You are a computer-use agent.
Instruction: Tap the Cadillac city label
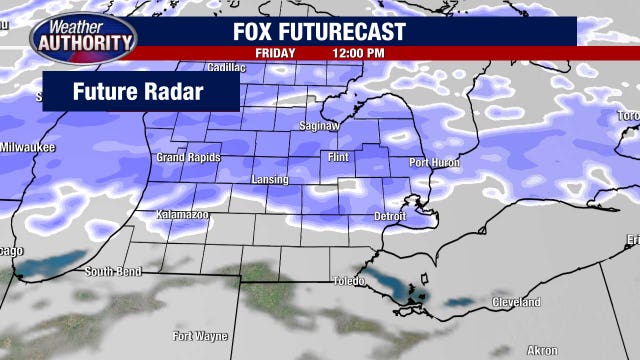[226, 67]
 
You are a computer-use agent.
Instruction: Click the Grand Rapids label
[188, 158]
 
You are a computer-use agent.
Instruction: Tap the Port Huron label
[434, 162]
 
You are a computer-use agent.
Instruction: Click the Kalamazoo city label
[182, 215]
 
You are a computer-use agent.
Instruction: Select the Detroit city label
[389, 216]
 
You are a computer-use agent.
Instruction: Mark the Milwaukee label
[27, 148]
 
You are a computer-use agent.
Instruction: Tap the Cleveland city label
[515, 302]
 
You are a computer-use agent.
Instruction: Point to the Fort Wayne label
[197, 335]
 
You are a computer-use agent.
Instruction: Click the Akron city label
[541, 350]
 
